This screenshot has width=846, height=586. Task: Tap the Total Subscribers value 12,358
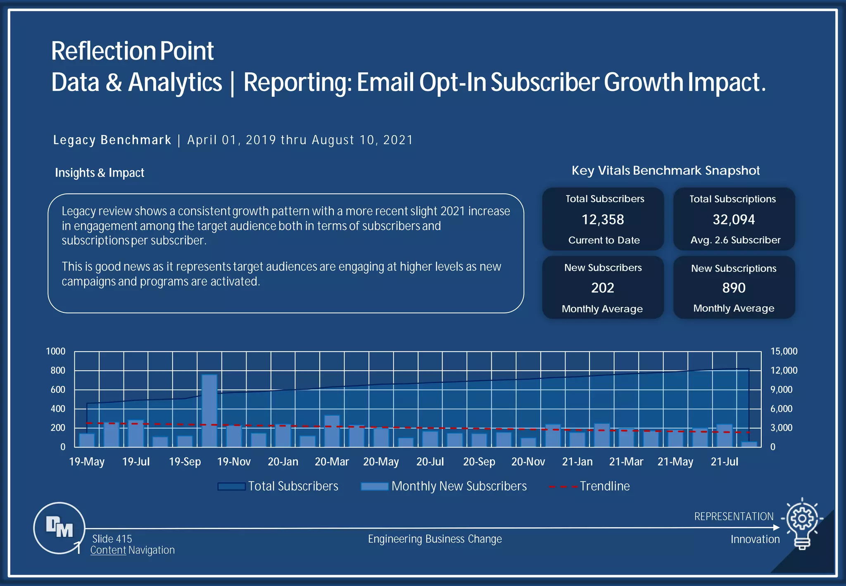click(x=603, y=219)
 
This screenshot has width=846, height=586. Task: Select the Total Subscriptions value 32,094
click(x=734, y=219)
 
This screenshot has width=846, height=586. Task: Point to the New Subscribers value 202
click(x=603, y=288)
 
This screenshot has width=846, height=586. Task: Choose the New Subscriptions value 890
click(x=734, y=288)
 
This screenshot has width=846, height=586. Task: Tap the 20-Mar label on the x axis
click(x=332, y=462)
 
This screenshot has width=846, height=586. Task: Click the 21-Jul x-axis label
click(x=724, y=462)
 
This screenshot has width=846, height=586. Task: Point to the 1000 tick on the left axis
click(x=56, y=351)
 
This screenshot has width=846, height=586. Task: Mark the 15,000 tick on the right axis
click(x=784, y=351)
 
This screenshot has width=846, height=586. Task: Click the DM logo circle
click(x=59, y=528)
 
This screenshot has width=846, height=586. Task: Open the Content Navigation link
click(x=133, y=550)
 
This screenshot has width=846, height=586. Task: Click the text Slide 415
click(x=112, y=539)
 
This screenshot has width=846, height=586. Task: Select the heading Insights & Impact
click(x=100, y=173)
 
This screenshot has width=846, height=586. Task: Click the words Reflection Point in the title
click(x=132, y=51)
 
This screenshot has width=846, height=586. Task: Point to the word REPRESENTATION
click(x=734, y=517)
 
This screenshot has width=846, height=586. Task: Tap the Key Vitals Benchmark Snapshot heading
click(x=665, y=170)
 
